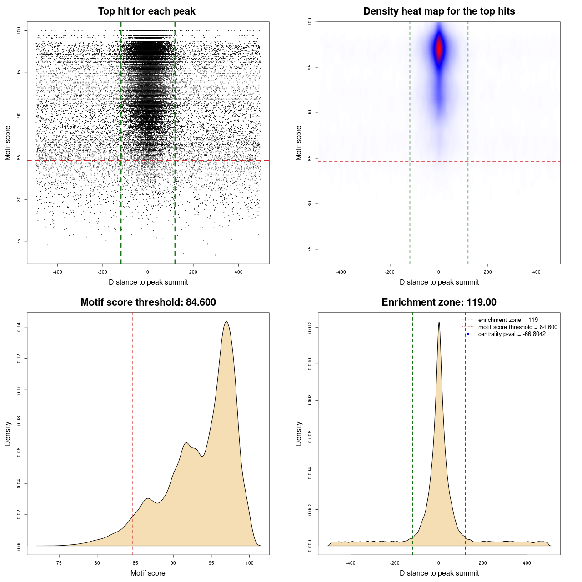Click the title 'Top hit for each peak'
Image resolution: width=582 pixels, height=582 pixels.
coord(146,11)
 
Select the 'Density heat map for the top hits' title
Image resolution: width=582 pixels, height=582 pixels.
coord(439,11)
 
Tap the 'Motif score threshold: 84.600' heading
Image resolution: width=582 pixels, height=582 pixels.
coord(148,302)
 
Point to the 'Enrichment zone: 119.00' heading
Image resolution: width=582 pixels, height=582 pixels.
coord(439,302)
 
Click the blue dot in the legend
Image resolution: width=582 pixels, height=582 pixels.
coord(468,334)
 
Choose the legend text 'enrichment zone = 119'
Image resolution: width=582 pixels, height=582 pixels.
coord(507,320)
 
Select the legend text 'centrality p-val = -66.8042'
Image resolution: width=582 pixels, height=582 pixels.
coord(512,334)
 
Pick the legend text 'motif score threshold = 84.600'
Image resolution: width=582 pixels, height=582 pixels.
coord(517,327)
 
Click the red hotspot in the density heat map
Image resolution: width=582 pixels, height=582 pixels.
coord(439,49)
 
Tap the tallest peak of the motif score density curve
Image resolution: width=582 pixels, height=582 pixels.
coord(226,322)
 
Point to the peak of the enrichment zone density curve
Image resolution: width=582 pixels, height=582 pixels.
coord(439,322)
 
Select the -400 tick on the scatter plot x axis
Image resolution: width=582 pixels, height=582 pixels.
coord(57,272)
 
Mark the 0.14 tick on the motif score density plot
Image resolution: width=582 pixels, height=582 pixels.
coord(19,327)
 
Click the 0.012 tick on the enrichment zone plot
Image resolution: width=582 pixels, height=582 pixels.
coord(310,328)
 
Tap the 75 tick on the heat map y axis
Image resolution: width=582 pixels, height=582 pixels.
coord(310,249)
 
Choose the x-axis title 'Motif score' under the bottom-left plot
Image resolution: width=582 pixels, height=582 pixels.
coord(148,573)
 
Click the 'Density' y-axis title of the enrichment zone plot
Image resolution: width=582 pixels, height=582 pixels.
coord(299,433)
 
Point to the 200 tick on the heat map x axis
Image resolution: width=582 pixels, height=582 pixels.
coord(487,272)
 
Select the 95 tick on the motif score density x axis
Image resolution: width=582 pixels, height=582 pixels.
coord(211,563)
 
